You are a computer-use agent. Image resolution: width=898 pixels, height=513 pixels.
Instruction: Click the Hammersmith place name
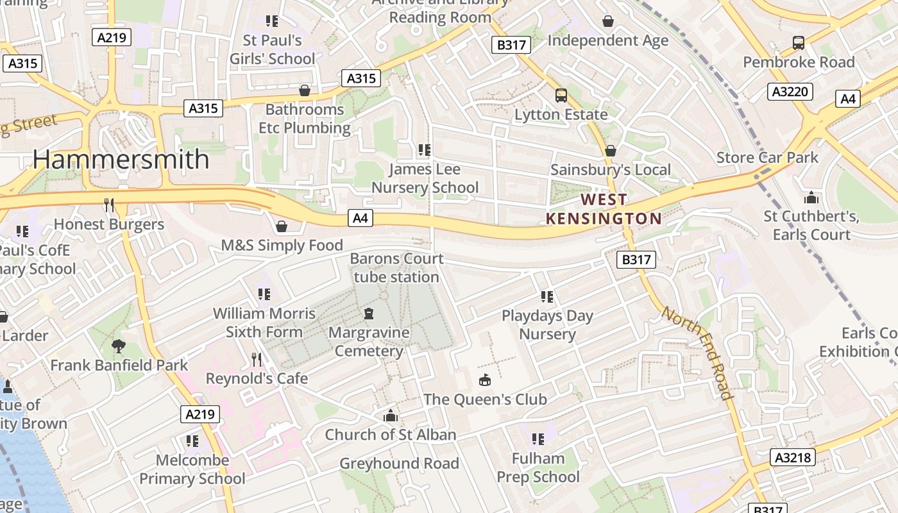click(x=121, y=159)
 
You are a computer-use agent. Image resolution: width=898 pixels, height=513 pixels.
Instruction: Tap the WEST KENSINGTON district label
click(x=604, y=209)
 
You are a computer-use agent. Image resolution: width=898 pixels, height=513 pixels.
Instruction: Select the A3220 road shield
click(x=790, y=92)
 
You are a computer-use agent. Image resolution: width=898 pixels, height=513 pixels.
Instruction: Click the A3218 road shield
click(x=793, y=457)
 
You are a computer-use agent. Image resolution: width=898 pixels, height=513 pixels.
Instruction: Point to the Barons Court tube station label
click(x=396, y=268)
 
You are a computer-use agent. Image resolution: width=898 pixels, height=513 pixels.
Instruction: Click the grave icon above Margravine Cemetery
click(x=369, y=314)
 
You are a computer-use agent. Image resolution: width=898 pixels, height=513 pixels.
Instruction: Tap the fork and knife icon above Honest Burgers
click(x=109, y=205)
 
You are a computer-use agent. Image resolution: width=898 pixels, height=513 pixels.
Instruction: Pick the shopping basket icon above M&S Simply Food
click(x=281, y=226)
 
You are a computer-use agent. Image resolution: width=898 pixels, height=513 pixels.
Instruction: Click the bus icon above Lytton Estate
click(x=561, y=96)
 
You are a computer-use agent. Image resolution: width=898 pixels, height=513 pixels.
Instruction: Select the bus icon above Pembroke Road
click(x=799, y=43)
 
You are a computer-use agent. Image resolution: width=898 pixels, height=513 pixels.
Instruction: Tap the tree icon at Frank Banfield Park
click(x=119, y=346)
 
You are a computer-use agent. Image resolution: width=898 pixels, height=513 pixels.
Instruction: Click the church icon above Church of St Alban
click(x=390, y=416)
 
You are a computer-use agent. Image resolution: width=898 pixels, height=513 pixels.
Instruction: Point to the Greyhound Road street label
click(x=399, y=463)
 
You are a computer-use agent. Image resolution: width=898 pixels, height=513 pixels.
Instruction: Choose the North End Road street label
click(x=697, y=353)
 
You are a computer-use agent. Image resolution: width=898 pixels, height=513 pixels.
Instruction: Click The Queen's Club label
click(x=485, y=399)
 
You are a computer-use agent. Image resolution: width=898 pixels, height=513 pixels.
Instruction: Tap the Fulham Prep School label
click(x=538, y=467)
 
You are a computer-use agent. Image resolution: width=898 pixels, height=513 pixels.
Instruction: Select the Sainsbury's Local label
click(x=611, y=170)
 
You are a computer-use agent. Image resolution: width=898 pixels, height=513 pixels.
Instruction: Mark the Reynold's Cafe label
click(x=257, y=378)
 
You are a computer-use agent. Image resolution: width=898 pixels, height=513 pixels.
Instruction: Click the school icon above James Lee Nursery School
click(x=424, y=150)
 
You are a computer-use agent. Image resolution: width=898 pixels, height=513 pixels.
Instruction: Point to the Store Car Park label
click(x=767, y=157)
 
